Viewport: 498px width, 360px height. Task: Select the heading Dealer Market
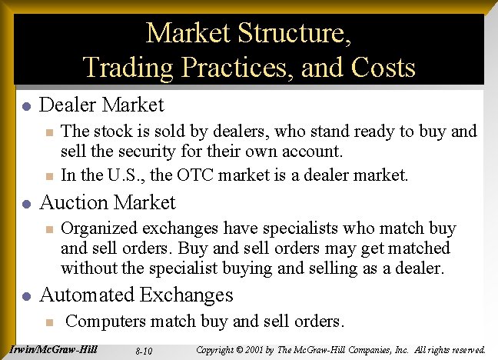[101, 105]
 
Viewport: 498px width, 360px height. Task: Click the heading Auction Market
[107, 202]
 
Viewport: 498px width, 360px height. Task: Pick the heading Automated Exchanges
[136, 295]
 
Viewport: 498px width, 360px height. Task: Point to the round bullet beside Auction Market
[25, 204]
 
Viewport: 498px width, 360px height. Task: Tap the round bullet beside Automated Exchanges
[25, 296]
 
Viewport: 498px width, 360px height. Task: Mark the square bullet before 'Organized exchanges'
[48, 230]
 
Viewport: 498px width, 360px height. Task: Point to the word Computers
[112, 321]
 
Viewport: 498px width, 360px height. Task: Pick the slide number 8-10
[143, 352]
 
